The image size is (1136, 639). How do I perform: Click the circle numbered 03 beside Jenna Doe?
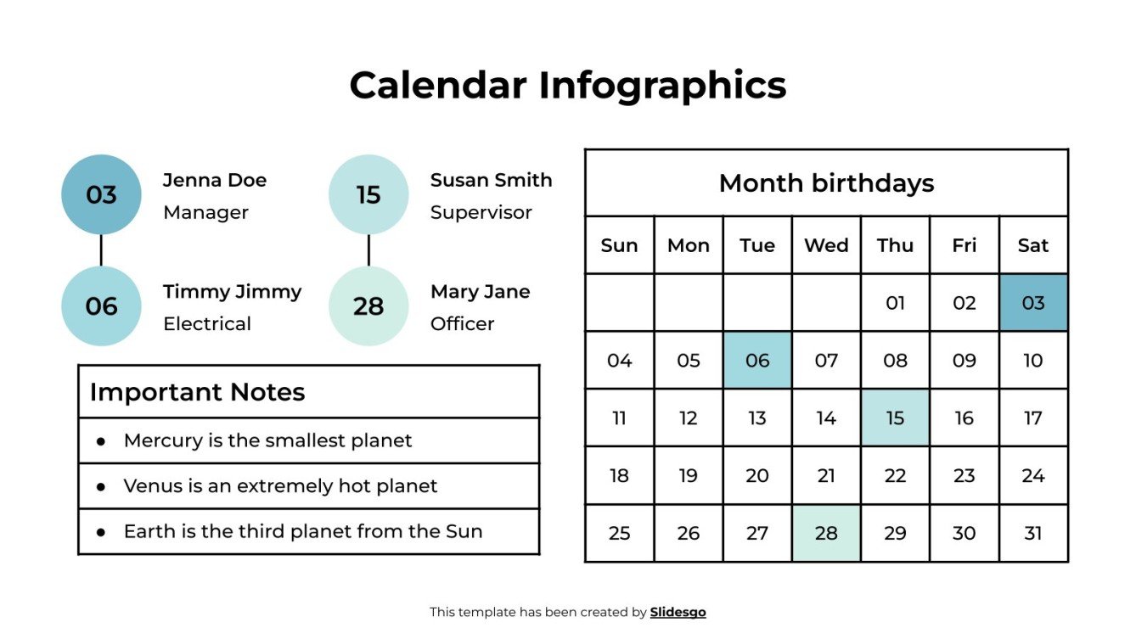[x=101, y=194]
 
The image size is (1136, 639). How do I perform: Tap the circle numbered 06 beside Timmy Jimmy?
[x=101, y=305]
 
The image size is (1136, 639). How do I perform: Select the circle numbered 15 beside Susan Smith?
[x=368, y=194]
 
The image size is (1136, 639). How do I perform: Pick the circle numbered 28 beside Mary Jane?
[x=368, y=305]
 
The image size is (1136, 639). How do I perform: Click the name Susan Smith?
[x=491, y=180]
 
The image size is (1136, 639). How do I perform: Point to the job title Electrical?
[x=207, y=323]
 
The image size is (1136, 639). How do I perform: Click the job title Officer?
[x=462, y=323]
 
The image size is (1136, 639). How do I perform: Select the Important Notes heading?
[x=197, y=392]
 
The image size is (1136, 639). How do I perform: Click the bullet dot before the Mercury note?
[x=101, y=441]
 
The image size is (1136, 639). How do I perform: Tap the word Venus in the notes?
[x=149, y=486]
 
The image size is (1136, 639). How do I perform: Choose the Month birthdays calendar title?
[x=826, y=183]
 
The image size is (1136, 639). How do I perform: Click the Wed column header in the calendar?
[x=826, y=245]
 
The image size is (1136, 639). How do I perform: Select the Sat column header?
[x=1033, y=245]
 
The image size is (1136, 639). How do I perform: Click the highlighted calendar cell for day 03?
[x=1033, y=303]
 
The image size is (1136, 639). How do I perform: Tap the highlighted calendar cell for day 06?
[x=757, y=361]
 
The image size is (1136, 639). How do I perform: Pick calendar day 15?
[x=895, y=418]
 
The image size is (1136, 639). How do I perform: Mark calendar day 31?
[x=1033, y=534]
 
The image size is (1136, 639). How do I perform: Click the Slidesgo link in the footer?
[x=678, y=612]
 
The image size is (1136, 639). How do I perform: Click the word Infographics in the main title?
[x=662, y=85]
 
